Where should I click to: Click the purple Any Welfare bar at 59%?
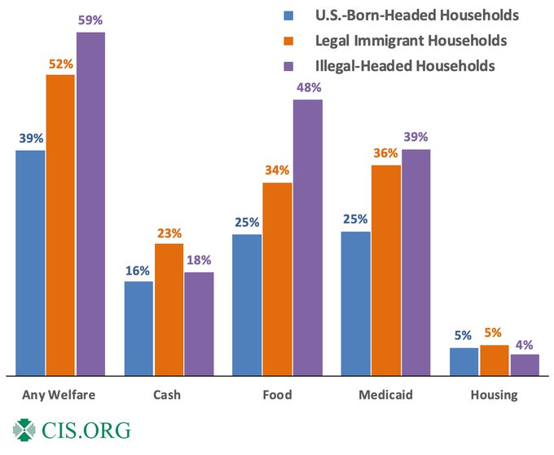[x=90, y=204]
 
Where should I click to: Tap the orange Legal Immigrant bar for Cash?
[x=169, y=309]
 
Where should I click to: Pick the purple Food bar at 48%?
[x=307, y=237]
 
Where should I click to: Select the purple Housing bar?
[x=524, y=364]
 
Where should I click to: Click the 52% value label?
[x=60, y=62]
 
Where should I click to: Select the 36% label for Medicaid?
[x=385, y=152]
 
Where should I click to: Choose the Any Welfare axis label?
[x=60, y=395]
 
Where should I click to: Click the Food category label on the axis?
[x=277, y=395]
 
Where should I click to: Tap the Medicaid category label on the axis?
[x=385, y=395]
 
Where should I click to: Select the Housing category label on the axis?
[x=494, y=395]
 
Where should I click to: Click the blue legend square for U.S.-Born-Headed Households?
[x=288, y=15]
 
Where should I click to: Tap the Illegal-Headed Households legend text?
[x=405, y=66]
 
